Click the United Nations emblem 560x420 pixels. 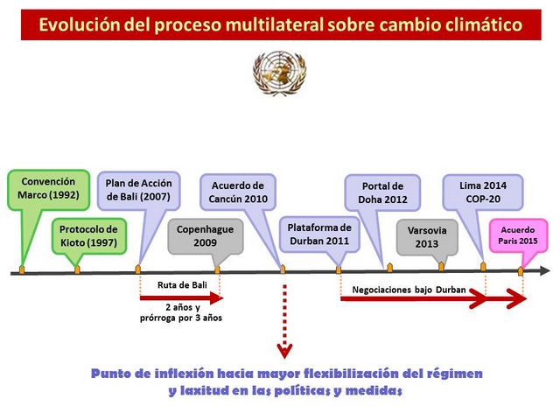click(279, 73)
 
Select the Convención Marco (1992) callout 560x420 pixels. click(48, 190)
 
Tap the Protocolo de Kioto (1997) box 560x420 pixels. click(88, 236)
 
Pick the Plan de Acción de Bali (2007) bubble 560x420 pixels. click(138, 191)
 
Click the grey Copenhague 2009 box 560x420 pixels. click(206, 236)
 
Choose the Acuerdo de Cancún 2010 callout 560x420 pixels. click(238, 192)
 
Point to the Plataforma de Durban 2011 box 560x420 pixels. click(319, 234)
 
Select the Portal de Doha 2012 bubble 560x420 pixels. click(382, 192)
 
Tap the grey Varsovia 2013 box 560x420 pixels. click(427, 237)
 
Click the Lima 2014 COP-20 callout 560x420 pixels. click(483, 192)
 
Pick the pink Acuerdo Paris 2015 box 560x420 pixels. click(518, 235)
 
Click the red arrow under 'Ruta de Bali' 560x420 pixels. click(181, 297)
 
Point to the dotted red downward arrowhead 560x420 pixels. click(284, 351)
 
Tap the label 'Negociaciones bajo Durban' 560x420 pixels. click(409, 290)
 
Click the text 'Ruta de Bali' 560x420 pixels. click(182, 285)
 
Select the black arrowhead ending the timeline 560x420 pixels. click(545, 270)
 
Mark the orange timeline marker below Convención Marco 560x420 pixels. click(22, 269)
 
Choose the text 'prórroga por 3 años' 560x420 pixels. click(181, 318)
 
